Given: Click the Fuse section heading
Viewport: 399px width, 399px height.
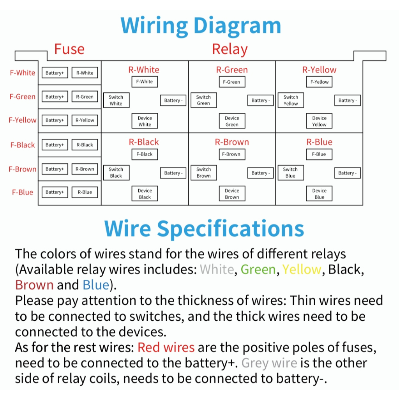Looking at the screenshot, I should click(69, 49).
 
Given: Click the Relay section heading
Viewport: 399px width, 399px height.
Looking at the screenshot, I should click(230, 49).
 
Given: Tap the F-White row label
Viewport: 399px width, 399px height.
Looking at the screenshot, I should click(23, 73).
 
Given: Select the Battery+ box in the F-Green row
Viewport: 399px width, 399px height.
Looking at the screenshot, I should click(54, 97).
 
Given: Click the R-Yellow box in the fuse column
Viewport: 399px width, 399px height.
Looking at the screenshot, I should click(85, 120).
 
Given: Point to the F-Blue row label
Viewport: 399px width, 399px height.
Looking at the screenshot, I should click(23, 192).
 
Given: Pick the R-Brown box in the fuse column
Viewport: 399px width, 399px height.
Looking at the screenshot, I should click(85, 169).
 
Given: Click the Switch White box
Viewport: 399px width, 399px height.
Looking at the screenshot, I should click(116, 100).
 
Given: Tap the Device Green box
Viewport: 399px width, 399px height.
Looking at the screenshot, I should click(232, 121).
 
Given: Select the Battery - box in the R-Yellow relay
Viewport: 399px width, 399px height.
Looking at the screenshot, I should click(346, 101).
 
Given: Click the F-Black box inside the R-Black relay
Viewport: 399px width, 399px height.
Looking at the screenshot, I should click(145, 154).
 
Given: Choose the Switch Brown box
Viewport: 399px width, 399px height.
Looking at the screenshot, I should click(203, 173).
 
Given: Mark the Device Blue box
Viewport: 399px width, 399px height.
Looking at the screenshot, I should click(319, 194).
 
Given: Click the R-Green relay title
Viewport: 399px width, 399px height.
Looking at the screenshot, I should click(232, 70).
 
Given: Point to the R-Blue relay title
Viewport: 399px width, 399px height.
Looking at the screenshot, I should click(319, 142).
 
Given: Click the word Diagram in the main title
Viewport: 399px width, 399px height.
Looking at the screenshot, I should click(237, 26).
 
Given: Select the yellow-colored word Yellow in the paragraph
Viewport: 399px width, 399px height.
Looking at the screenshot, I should click(302, 270).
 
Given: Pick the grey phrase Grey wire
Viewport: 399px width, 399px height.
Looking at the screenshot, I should click(269, 363).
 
